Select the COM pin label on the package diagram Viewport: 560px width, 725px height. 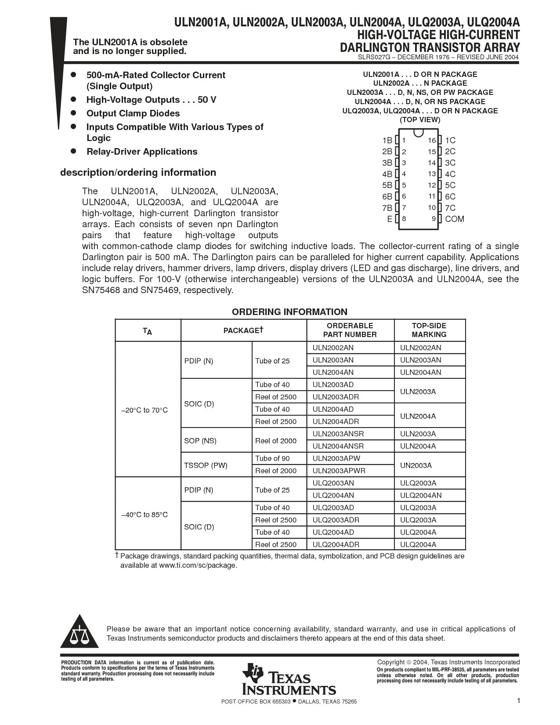pos(454,219)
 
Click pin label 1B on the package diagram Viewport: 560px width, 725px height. pos(387,141)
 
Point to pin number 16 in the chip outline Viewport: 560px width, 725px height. pos(432,141)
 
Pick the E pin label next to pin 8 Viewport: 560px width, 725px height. pos(390,219)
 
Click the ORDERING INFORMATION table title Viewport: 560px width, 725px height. pos(289,312)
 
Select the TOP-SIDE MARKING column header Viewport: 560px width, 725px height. pos(429,330)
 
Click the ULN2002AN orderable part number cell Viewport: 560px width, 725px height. pos(333,348)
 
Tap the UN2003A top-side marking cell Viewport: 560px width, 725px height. pos(416,465)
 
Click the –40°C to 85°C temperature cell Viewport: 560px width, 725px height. pos(145,515)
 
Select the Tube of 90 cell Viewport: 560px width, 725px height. pos(273,458)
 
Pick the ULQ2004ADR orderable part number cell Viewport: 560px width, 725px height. pos(336,544)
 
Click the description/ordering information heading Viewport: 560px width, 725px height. pos(138,172)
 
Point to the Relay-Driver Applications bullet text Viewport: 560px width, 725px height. pos(142,152)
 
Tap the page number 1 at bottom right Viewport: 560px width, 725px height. pos(518,701)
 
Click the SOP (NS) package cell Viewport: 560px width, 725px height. pos(200,441)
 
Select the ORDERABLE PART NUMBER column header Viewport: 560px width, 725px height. pos(350,330)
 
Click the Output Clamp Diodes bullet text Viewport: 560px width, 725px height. pos(133,113)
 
